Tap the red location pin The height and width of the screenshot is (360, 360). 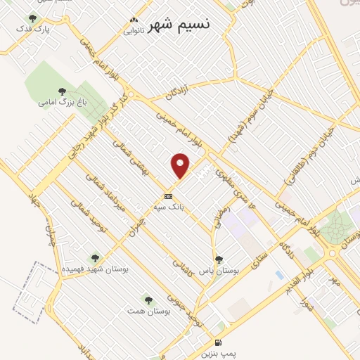181,166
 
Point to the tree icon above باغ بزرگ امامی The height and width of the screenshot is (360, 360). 62,91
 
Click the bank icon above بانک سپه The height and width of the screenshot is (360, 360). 168,196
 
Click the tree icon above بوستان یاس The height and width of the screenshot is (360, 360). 219,259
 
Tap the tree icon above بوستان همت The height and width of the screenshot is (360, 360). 148,299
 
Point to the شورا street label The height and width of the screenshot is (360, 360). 304,308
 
